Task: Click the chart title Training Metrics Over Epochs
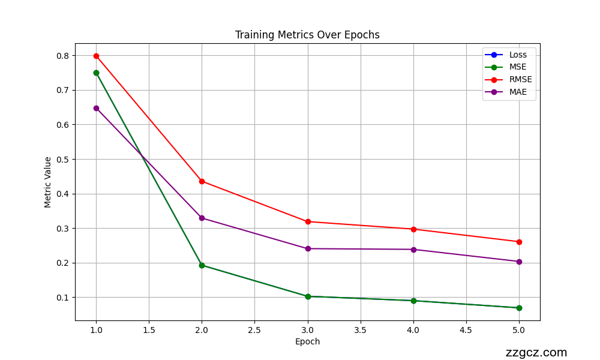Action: pyautogui.click(x=307, y=35)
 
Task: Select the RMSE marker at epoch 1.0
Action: pyautogui.click(x=96, y=56)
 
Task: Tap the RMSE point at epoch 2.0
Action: pyautogui.click(x=202, y=181)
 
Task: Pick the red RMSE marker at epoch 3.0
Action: pyautogui.click(x=308, y=221)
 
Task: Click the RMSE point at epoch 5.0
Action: pyautogui.click(x=519, y=242)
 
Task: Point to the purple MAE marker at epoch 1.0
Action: pyautogui.click(x=96, y=108)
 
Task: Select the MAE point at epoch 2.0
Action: pyautogui.click(x=202, y=218)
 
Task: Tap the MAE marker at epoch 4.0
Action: pyautogui.click(x=413, y=250)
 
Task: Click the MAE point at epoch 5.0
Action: pyautogui.click(x=519, y=262)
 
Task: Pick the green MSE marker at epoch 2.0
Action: pyautogui.click(x=202, y=265)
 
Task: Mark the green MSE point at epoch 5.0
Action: pyautogui.click(x=519, y=308)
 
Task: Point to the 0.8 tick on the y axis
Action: pyautogui.click(x=63, y=56)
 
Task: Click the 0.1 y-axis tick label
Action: pyautogui.click(x=63, y=298)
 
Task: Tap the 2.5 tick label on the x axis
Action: pyautogui.click(x=254, y=329)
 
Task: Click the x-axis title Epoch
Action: pyautogui.click(x=307, y=341)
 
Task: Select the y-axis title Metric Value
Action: pyautogui.click(x=48, y=182)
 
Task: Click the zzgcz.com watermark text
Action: pyautogui.click(x=536, y=352)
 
